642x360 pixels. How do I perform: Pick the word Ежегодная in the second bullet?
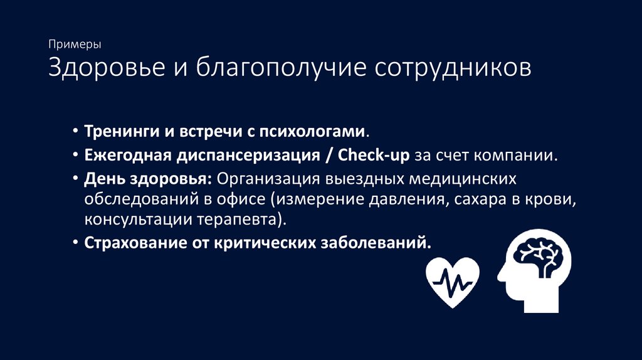(x=125, y=156)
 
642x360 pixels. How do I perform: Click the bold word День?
(x=101, y=179)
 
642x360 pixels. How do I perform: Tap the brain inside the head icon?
(x=537, y=255)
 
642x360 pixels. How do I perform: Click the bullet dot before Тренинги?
(x=75, y=133)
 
